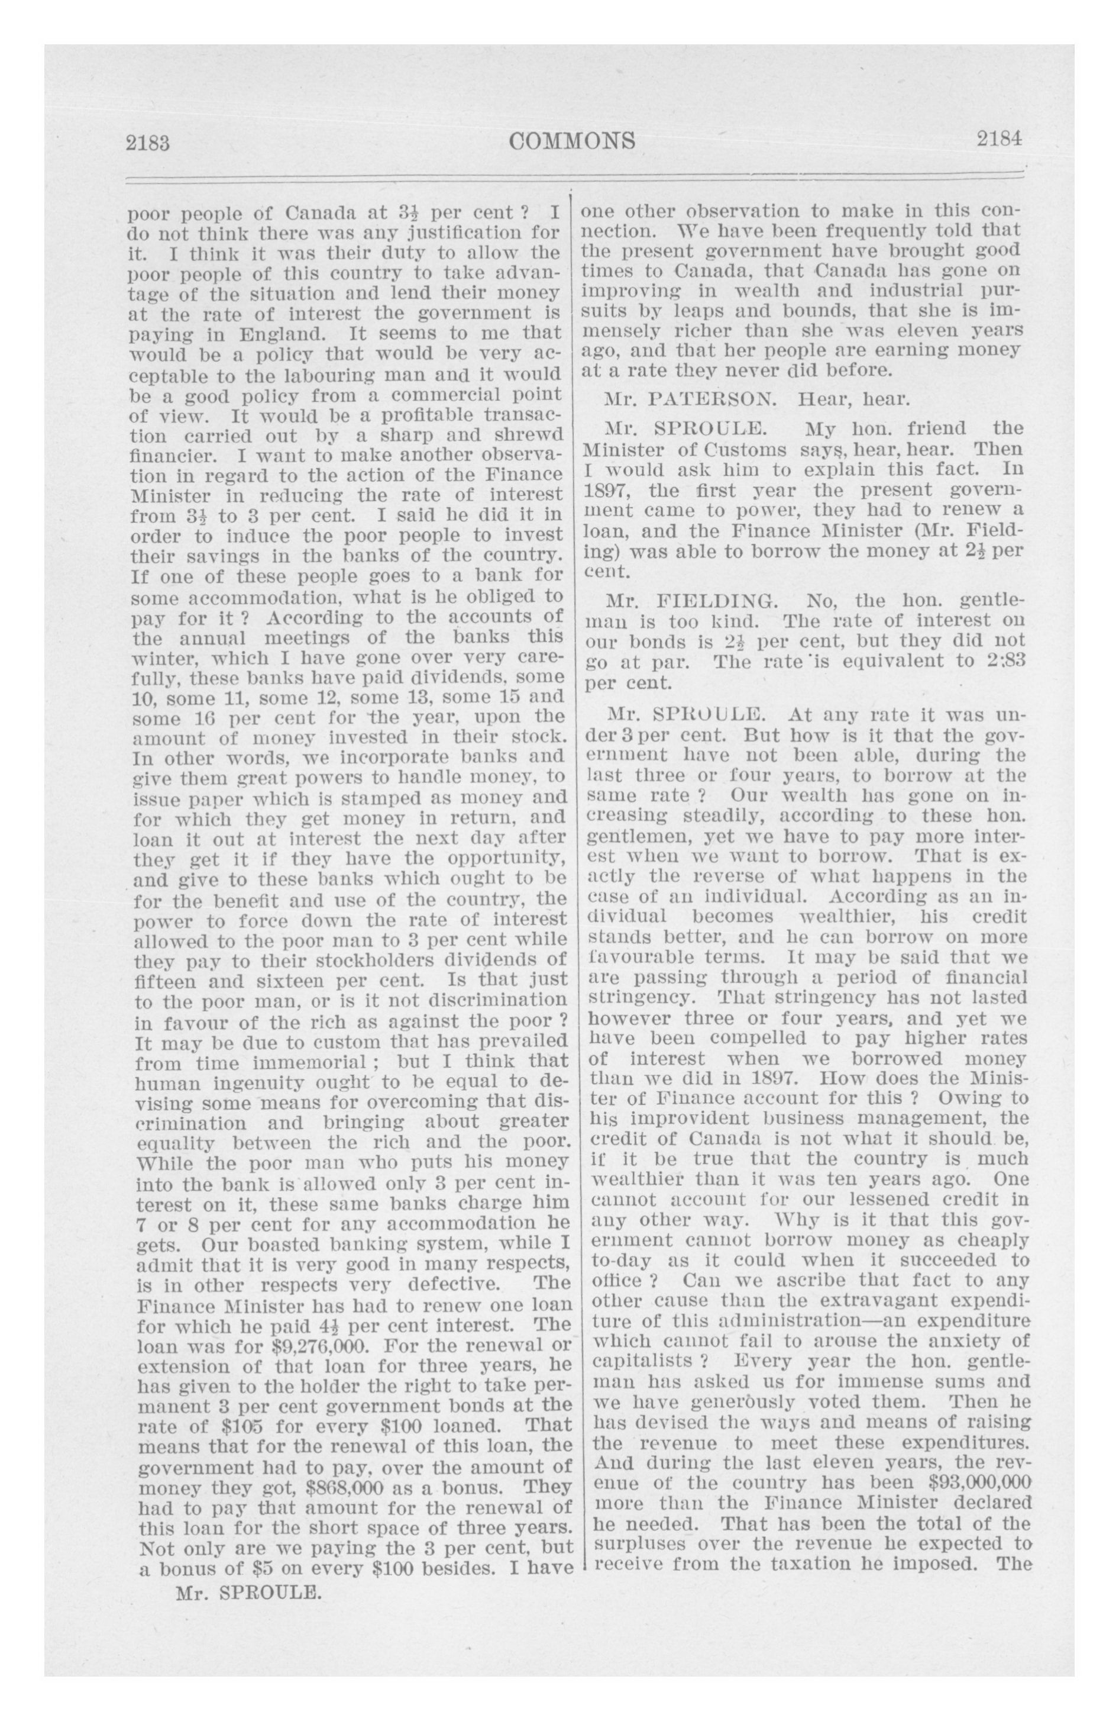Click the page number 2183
coord(147,143)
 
